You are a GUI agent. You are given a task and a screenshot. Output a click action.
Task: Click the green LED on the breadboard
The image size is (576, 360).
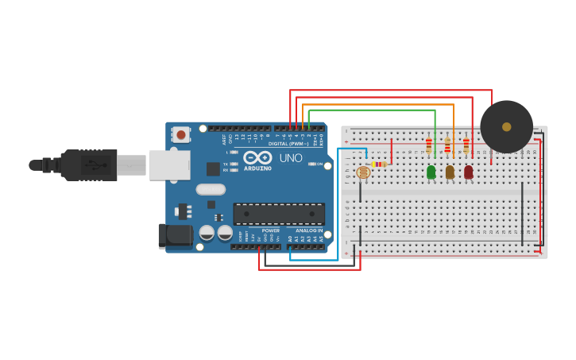point(431,172)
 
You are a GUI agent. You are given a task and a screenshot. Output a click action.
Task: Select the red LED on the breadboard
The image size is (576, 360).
point(468,172)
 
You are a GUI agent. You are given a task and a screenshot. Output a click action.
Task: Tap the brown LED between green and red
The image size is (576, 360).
point(450,172)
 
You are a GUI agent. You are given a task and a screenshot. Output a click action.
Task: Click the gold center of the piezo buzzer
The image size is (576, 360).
point(507,126)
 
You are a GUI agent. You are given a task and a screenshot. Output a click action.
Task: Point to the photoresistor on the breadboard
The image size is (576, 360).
point(363,172)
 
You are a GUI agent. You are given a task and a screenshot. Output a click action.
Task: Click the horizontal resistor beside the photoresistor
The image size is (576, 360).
point(379,165)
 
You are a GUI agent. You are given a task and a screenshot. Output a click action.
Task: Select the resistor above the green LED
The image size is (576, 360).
point(429,145)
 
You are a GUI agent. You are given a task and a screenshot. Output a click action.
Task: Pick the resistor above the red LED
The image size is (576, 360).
point(466,145)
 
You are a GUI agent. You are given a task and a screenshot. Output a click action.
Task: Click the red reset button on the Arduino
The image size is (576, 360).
point(181,135)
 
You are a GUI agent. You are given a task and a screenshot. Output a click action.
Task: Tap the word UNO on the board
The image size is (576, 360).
point(291,157)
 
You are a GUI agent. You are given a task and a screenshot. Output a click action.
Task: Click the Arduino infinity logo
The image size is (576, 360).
point(257,157)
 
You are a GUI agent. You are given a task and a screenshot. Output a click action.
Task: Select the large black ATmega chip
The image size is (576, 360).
point(279,214)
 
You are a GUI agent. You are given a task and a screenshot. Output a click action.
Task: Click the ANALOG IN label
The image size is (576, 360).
point(309,230)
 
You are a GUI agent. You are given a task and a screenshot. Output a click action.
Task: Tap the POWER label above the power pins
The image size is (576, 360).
point(270,230)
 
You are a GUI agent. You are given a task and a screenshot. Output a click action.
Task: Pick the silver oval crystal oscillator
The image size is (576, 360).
point(211,189)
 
